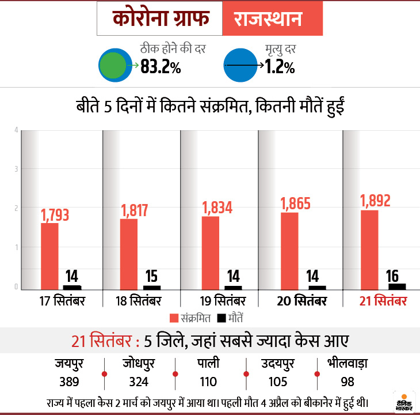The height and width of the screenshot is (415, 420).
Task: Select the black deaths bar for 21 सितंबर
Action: [x=397, y=286]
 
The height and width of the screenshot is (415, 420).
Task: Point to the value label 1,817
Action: [x=135, y=210]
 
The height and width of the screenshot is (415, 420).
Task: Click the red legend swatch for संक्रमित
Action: [x=175, y=318]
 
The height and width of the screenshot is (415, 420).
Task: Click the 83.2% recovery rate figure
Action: [x=161, y=67]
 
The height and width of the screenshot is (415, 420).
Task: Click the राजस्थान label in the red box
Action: [x=268, y=20]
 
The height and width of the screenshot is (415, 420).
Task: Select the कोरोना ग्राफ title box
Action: [x=159, y=20]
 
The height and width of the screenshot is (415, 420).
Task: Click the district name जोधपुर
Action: [x=139, y=364]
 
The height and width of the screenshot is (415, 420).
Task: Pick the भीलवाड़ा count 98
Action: [x=348, y=382]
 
